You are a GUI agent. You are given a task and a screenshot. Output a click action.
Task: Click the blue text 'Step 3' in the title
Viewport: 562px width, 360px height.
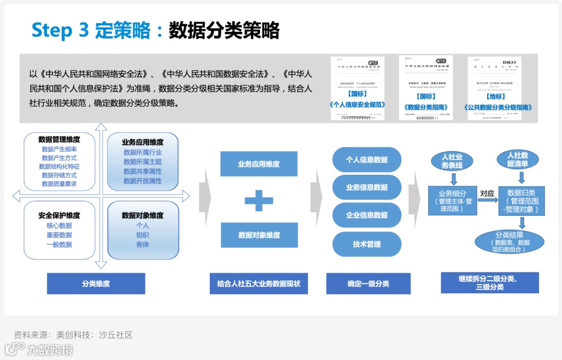click(x=59, y=30)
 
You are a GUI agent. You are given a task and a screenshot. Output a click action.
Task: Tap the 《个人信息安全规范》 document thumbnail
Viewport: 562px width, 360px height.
click(x=357, y=87)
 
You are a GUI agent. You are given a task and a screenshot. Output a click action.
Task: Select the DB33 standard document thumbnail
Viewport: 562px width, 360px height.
click(x=494, y=87)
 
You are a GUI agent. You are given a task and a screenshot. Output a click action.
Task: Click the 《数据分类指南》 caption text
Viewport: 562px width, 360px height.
click(x=426, y=107)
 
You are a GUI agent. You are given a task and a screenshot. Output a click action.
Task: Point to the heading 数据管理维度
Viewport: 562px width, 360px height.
click(x=59, y=139)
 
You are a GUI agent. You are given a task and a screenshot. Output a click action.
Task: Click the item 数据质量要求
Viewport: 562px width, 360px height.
click(x=59, y=184)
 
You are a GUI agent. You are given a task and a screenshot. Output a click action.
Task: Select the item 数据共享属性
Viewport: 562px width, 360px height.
click(x=143, y=171)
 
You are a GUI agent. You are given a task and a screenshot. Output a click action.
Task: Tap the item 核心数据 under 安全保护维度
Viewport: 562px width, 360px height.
click(x=59, y=226)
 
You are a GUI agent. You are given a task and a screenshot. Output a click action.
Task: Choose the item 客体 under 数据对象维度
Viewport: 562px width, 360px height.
click(x=143, y=244)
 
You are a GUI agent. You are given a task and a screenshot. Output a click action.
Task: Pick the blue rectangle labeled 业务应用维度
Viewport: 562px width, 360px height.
click(x=259, y=164)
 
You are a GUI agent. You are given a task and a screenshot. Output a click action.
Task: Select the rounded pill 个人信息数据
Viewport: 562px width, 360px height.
click(x=366, y=160)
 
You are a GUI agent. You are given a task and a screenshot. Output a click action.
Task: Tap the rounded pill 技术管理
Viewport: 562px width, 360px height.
click(x=366, y=244)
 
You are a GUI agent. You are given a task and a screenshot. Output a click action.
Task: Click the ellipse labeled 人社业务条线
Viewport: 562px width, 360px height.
click(x=452, y=161)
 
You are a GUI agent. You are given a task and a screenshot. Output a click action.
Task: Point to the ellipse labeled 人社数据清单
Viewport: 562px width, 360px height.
click(x=517, y=160)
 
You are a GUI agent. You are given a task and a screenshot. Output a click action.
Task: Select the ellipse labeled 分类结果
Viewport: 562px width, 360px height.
click(x=509, y=242)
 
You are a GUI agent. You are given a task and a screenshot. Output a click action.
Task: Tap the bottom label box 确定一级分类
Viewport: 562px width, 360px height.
click(x=368, y=284)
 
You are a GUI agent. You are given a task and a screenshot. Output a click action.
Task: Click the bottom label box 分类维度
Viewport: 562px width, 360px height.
click(x=96, y=284)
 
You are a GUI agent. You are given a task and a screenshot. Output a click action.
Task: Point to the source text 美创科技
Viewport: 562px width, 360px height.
click(x=73, y=335)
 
